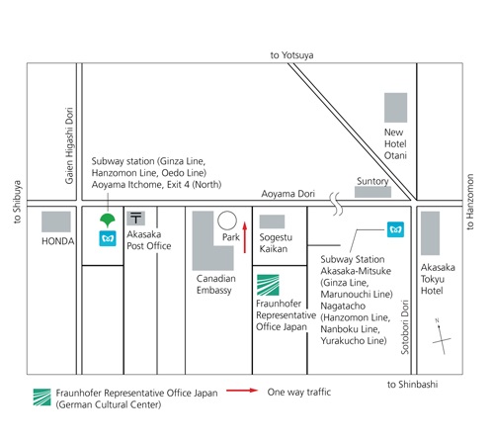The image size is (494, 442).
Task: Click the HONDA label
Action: [x=57, y=241]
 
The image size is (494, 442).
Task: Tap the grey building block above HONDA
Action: [x=56, y=221]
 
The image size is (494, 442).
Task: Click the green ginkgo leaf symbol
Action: [x=108, y=220]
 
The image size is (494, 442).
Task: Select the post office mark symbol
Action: [x=135, y=219]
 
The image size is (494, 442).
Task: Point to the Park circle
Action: [x=227, y=221]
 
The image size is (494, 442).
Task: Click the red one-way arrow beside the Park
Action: [x=245, y=237]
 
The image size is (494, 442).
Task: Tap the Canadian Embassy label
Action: [x=216, y=284]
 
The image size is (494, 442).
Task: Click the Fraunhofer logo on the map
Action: [x=268, y=285]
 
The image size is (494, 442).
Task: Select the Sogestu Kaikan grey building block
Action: [x=272, y=221]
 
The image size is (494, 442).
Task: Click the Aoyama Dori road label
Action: [x=288, y=194]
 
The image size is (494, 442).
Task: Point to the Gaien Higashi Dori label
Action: [x=69, y=145]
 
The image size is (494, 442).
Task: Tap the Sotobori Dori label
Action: [x=405, y=327]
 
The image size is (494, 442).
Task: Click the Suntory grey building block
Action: [x=372, y=192]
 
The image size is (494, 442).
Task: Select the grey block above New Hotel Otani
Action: [x=395, y=108]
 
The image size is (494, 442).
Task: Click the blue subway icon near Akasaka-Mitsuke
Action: [x=395, y=229]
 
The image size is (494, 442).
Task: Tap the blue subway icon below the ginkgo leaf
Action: [x=108, y=238]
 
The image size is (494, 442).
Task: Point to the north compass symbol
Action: [x=442, y=337]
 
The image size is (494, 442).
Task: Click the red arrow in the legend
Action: [x=242, y=391]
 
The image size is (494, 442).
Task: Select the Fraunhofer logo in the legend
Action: [x=42, y=398]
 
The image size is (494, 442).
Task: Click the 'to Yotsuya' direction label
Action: [x=291, y=55]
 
